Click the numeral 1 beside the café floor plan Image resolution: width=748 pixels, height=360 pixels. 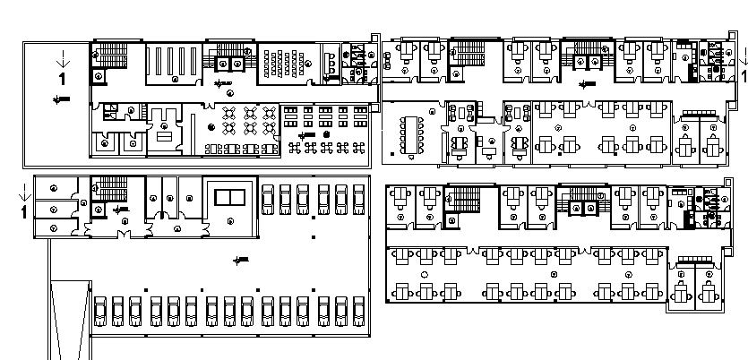(62, 79)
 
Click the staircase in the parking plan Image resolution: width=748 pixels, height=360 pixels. (112, 190)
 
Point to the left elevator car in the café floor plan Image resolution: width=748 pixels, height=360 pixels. (226, 64)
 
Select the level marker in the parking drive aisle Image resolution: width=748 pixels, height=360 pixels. (237, 260)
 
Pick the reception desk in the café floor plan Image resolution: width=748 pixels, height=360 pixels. (165, 133)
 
